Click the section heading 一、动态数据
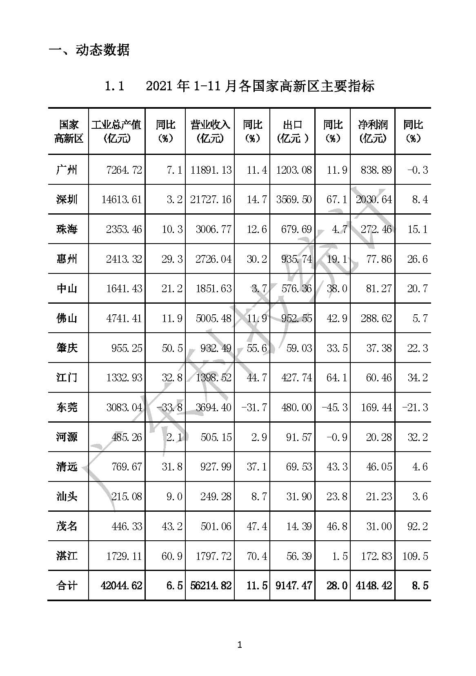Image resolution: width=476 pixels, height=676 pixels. pyautogui.click(x=89, y=50)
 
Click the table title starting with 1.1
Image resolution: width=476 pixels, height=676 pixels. pyautogui.click(x=240, y=86)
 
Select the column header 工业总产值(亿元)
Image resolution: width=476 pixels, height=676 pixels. pyautogui.click(x=117, y=131)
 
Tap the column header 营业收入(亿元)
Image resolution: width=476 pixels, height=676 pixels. pyautogui.click(x=210, y=131)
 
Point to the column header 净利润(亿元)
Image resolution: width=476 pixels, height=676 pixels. pyautogui.click(x=373, y=131)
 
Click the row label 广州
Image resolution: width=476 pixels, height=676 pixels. pyautogui.click(x=67, y=170)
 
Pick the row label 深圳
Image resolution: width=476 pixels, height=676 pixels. pyautogui.click(x=67, y=199)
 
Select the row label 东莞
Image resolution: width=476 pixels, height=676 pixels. pyautogui.click(x=67, y=407)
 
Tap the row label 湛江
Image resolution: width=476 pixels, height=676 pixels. pyautogui.click(x=67, y=556)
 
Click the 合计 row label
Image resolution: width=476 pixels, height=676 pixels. pyautogui.click(x=67, y=586)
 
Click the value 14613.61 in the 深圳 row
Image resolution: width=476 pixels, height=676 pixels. pyautogui.click(x=122, y=199)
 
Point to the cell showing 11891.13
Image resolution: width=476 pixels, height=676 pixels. pyautogui.click(x=211, y=170)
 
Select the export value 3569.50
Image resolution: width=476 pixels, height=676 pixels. pyautogui.click(x=294, y=199)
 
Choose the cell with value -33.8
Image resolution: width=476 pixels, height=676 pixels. pyautogui.click(x=169, y=407)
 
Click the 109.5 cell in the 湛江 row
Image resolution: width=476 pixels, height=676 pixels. pyautogui.click(x=415, y=556)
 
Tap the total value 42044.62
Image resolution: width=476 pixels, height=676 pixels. pyautogui.click(x=122, y=586)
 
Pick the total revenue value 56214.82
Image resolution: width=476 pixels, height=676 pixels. pyautogui.click(x=211, y=586)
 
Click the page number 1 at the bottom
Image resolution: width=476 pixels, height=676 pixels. pyautogui.click(x=240, y=645)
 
